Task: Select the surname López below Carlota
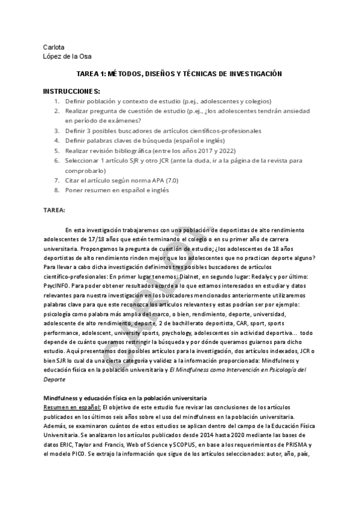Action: [x=53, y=56]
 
